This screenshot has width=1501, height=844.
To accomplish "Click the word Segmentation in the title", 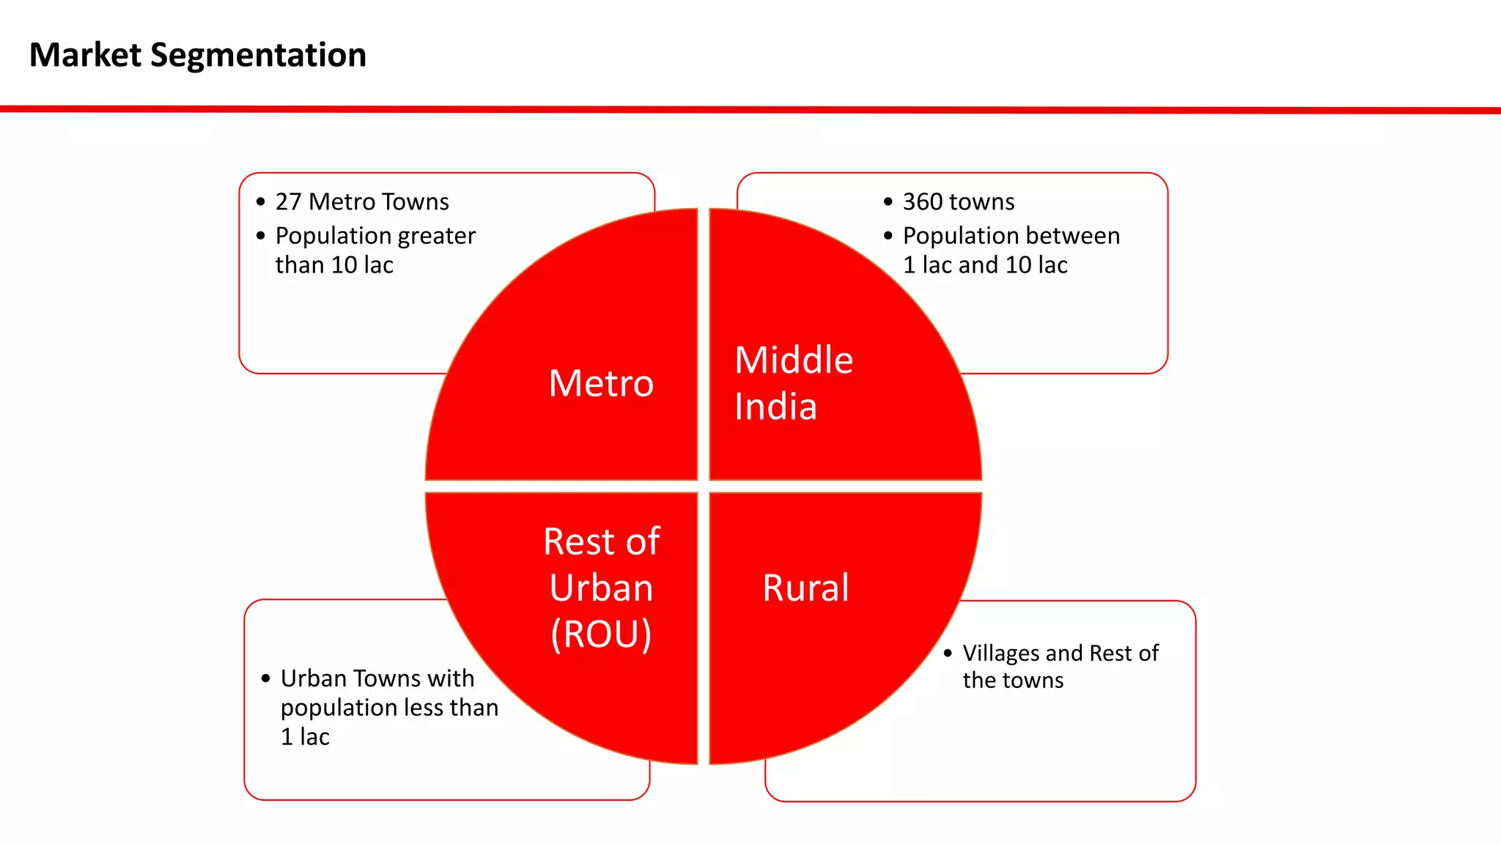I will (258, 56).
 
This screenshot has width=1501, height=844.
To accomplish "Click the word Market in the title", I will (85, 56).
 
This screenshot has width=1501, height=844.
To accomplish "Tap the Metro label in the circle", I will (601, 383).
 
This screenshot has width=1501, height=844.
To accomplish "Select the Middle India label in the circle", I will (793, 383).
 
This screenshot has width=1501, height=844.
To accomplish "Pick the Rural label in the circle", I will (805, 588).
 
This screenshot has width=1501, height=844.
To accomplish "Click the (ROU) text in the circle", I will (601, 634).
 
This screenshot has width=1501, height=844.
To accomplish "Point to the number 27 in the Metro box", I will (288, 201).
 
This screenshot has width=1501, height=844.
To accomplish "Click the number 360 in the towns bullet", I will (922, 201).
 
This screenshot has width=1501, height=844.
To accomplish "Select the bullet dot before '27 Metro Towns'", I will (261, 202).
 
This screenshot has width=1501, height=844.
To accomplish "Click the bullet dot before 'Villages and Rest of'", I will (948, 653).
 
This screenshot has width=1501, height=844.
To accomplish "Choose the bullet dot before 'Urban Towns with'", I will (266, 679).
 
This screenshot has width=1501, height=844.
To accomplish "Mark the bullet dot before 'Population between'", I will (888, 236).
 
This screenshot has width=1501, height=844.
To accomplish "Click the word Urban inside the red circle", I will (601, 588).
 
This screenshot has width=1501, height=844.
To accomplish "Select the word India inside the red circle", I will (775, 407).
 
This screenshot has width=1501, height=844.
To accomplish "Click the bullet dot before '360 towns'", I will (888, 202).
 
